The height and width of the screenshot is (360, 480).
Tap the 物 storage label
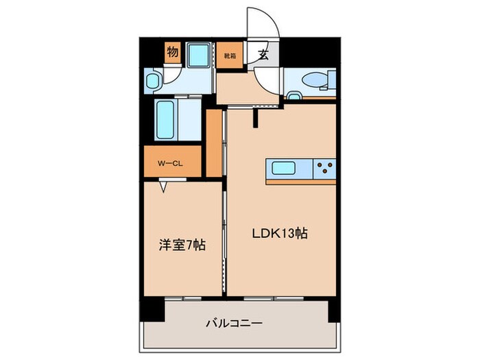pyautogui.click(x=172, y=52)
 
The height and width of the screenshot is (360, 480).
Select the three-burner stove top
pyautogui.click(x=325, y=168)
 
